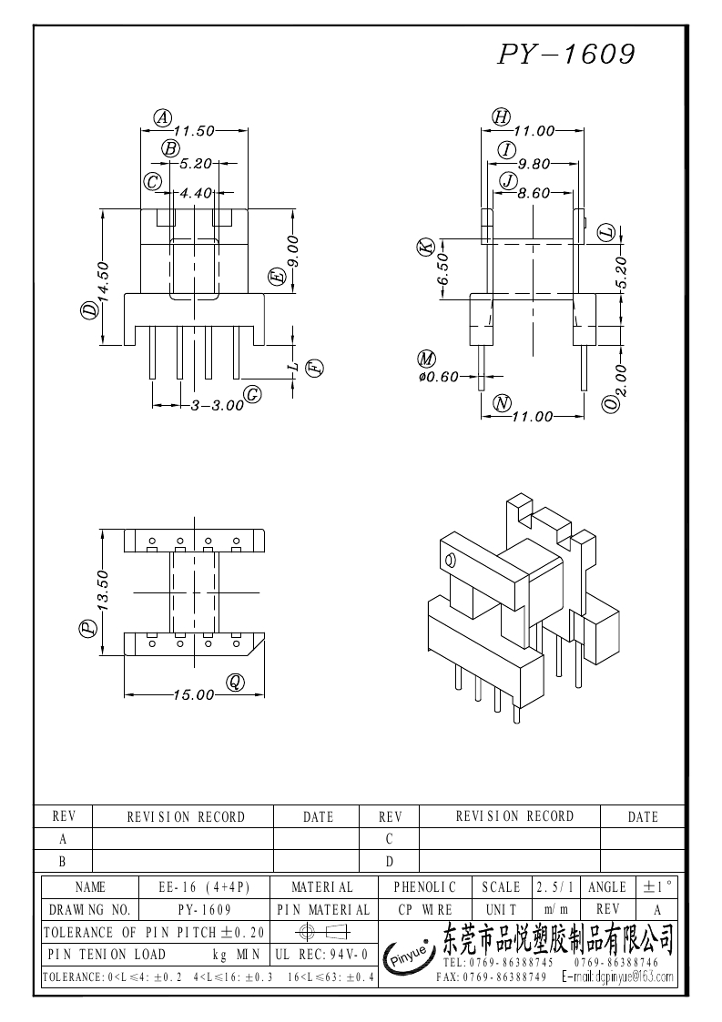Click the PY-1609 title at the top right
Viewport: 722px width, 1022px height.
565,55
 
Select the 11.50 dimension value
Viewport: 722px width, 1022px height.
193,131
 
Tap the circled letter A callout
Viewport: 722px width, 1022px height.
162,117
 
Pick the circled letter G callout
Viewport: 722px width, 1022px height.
253,394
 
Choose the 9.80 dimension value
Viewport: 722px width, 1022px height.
534,165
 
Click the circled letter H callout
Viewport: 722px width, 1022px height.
501,116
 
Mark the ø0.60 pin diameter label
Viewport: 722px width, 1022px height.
438,377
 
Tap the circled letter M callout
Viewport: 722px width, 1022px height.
426,359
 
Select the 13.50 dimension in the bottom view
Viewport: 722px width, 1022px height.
103,591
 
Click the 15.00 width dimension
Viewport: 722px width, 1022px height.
193,694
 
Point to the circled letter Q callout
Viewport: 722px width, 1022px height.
235,682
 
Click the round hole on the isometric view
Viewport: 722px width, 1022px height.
448,560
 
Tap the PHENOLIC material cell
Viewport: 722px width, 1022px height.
424,887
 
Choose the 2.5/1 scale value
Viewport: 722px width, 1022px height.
554,887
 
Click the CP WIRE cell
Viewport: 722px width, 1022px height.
424,910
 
